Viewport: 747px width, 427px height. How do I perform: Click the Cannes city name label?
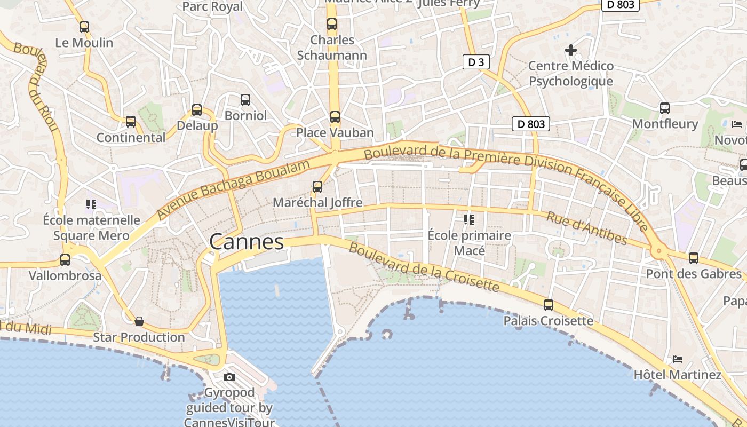coord(247,242)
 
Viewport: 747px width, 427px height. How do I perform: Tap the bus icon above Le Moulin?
coord(84,27)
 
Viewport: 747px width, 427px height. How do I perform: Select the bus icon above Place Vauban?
coord(335,116)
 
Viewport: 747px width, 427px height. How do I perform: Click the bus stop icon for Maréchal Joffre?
coord(317,186)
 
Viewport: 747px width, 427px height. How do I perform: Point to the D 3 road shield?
coord(475,62)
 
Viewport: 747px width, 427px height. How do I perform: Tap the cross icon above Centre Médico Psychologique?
coord(571,50)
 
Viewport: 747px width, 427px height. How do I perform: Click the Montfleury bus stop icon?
coord(665,108)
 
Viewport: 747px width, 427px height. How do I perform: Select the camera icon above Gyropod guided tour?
coord(229,377)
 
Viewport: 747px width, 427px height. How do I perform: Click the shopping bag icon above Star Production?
coord(139,321)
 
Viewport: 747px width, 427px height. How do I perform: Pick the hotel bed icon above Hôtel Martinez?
coord(678,359)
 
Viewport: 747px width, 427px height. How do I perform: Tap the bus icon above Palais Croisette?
coord(549,305)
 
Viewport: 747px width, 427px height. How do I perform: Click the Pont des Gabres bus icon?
coord(694,258)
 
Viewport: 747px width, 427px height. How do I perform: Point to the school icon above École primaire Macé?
coord(469,219)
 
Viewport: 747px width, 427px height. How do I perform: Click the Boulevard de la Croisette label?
coord(424,267)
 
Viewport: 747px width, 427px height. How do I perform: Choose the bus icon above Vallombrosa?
coord(65,260)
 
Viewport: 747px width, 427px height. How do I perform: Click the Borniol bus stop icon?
coord(245,99)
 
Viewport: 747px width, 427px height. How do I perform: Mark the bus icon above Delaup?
coord(197,110)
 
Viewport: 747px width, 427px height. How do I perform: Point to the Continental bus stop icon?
coord(131,122)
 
